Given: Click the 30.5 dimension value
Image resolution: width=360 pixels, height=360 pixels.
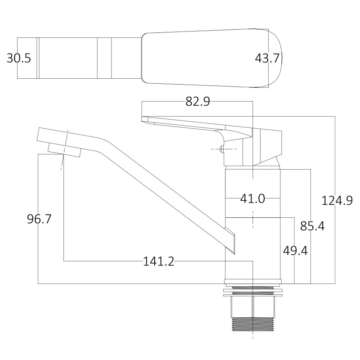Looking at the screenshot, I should tap(19, 58).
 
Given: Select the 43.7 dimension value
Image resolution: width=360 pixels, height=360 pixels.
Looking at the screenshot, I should tap(267, 58).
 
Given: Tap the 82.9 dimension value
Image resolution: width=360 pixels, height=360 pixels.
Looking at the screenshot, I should tap(198, 102).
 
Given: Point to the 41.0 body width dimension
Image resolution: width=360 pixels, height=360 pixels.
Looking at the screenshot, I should tap(252, 198).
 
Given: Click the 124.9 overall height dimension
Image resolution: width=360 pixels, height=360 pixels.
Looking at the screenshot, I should tap(337, 200).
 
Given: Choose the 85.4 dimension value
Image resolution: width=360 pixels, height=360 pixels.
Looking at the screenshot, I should tap(312, 226).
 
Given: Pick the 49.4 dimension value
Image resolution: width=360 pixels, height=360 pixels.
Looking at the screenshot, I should tap(295, 250).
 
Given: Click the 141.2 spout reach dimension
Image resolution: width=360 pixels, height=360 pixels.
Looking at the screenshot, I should tap(158, 261).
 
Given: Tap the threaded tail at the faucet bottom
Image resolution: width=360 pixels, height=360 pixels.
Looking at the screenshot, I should tap(253, 325).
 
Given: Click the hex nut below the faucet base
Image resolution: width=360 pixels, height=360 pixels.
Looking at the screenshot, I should tap(253, 307).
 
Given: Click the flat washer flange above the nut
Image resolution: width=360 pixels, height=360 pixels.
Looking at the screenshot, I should tap(253, 292).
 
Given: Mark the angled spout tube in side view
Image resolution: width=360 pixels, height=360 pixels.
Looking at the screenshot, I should tap(148, 180).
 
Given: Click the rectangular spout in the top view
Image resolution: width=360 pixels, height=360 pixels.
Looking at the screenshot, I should tap(81, 58).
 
